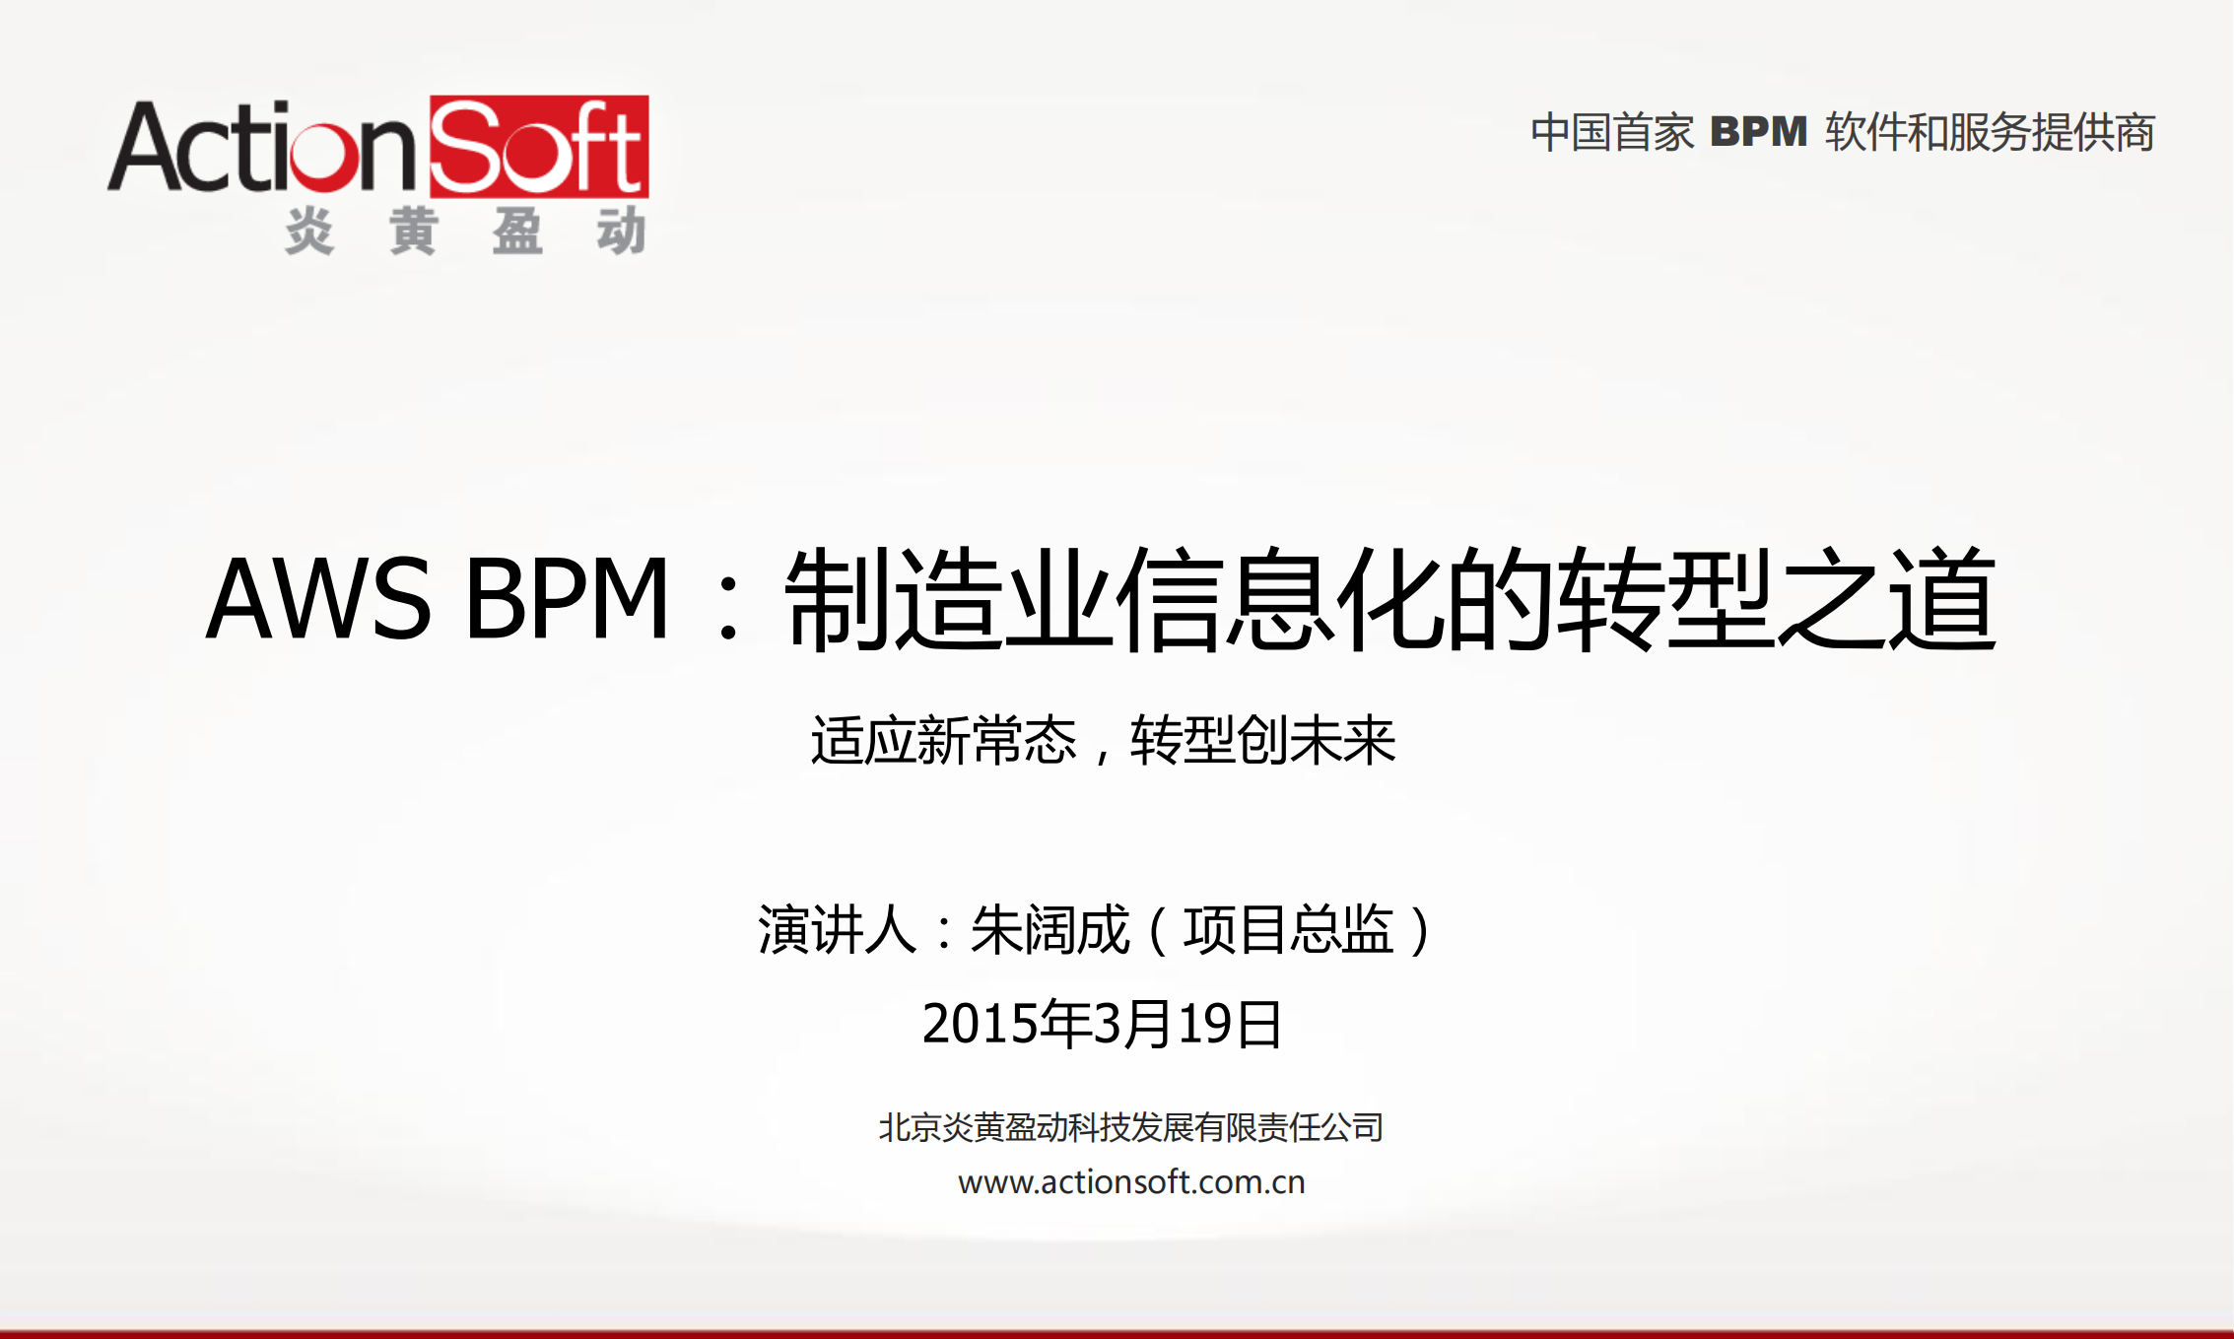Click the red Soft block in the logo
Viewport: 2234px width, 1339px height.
point(539,147)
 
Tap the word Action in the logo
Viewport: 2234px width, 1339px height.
point(263,148)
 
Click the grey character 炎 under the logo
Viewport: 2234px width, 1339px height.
point(309,233)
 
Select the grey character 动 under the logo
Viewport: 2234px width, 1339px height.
point(621,233)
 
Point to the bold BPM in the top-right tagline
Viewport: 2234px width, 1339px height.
point(1759,132)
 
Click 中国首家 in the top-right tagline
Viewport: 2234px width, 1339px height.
point(1612,133)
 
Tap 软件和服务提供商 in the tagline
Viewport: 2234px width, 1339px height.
point(1990,133)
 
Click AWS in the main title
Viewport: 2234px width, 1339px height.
point(318,598)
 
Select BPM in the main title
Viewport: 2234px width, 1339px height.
point(567,598)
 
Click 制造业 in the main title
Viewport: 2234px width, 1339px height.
point(948,598)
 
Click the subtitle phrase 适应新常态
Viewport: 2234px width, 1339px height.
point(943,740)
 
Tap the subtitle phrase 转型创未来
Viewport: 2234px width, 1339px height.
point(1262,740)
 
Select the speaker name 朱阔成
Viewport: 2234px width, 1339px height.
point(1049,929)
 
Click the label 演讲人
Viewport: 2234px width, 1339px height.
point(837,929)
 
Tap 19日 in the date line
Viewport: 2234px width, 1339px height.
point(1230,1024)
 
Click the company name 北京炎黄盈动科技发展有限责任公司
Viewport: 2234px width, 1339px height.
point(1130,1127)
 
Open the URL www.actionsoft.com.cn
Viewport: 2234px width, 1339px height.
point(1131,1181)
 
